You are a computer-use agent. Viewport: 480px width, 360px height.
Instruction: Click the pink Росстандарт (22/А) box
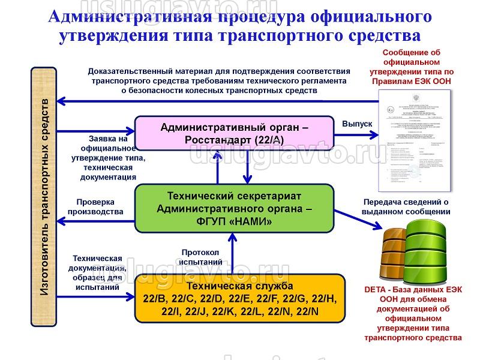click(234, 133)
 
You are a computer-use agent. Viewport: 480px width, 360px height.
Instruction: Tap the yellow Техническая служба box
click(241, 298)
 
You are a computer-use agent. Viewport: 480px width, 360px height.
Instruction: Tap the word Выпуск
click(357, 123)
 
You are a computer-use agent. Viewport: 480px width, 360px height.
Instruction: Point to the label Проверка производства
click(95, 206)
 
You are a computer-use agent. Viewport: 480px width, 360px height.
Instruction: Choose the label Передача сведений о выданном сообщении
click(406, 206)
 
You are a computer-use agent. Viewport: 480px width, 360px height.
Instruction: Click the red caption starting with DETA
click(414, 314)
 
